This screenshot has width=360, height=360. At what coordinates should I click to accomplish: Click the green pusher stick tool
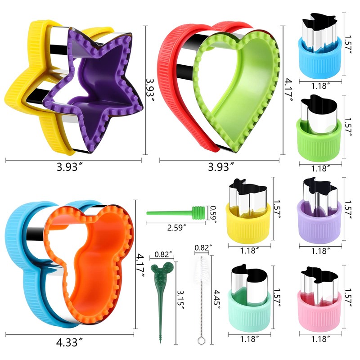click(175, 212)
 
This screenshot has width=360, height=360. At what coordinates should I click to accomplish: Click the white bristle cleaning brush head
click(201, 271)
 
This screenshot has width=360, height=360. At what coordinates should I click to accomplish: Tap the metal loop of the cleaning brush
click(201, 340)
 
